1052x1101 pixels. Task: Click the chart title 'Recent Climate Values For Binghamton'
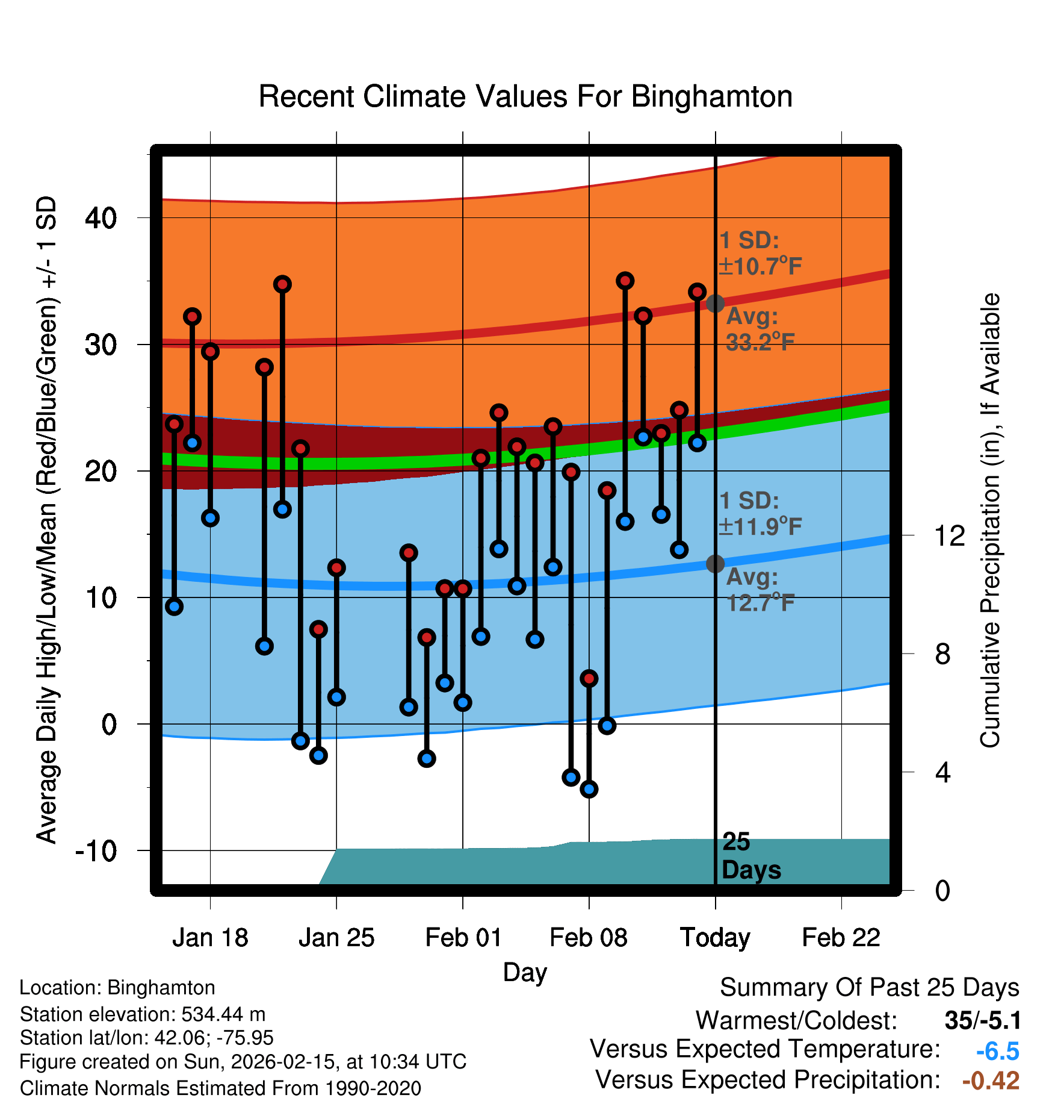pos(525,96)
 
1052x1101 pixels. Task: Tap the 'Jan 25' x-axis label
pos(336,938)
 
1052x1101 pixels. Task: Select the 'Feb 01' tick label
pos(463,938)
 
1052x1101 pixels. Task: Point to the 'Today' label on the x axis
pos(715,938)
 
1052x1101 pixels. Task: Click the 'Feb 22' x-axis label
pos(841,938)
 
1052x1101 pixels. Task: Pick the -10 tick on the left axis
pos(96,850)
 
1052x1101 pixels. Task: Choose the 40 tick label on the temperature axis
pos(101,217)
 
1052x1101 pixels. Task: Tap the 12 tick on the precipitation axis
pos(949,535)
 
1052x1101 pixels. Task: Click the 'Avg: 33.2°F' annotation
pos(760,329)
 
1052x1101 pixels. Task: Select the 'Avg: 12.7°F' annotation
pos(760,590)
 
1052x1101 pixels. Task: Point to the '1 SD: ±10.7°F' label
pos(760,253)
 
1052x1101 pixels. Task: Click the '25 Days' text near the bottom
pos(750,856)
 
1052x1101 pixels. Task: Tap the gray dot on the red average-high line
pos(715,303)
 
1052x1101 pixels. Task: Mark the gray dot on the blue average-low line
pos(715,564)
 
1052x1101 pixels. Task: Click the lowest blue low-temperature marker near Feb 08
pos(589,789)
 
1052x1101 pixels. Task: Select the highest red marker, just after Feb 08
pos(625,281)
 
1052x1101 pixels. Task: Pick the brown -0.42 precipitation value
pos(991,1081)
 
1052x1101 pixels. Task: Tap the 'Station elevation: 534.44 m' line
pos(143,1014)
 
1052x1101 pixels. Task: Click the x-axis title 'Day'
pos(525,972)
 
